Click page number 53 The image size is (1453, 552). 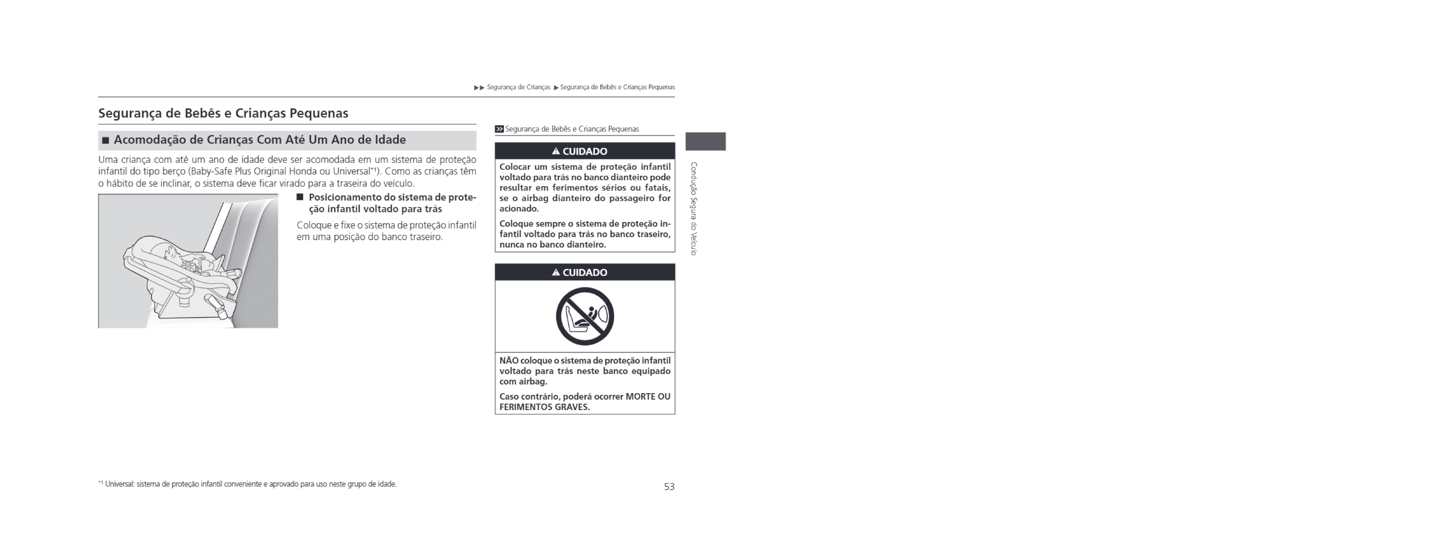[x=669, y=487]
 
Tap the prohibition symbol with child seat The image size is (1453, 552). [x=585, y=316]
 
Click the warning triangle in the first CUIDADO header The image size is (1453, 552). [x=556, y=151]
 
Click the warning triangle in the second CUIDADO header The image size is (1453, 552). [x=556, y=272]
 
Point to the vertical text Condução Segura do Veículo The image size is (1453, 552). [x=694, y=209]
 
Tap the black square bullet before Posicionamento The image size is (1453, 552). [x=300, y=197]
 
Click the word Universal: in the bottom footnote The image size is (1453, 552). [x=120, y=484]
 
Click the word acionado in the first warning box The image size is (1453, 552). [x=518, y=209]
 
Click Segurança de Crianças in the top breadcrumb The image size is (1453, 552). [x=518, y=87]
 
